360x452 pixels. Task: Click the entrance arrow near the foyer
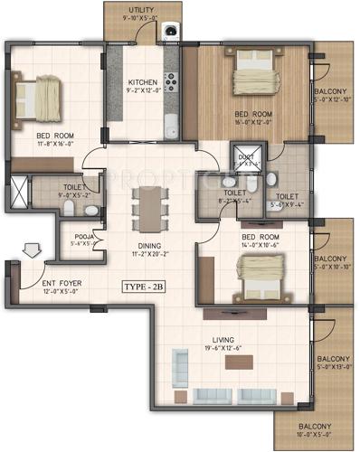31,247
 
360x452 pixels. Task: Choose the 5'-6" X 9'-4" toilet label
288,200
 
